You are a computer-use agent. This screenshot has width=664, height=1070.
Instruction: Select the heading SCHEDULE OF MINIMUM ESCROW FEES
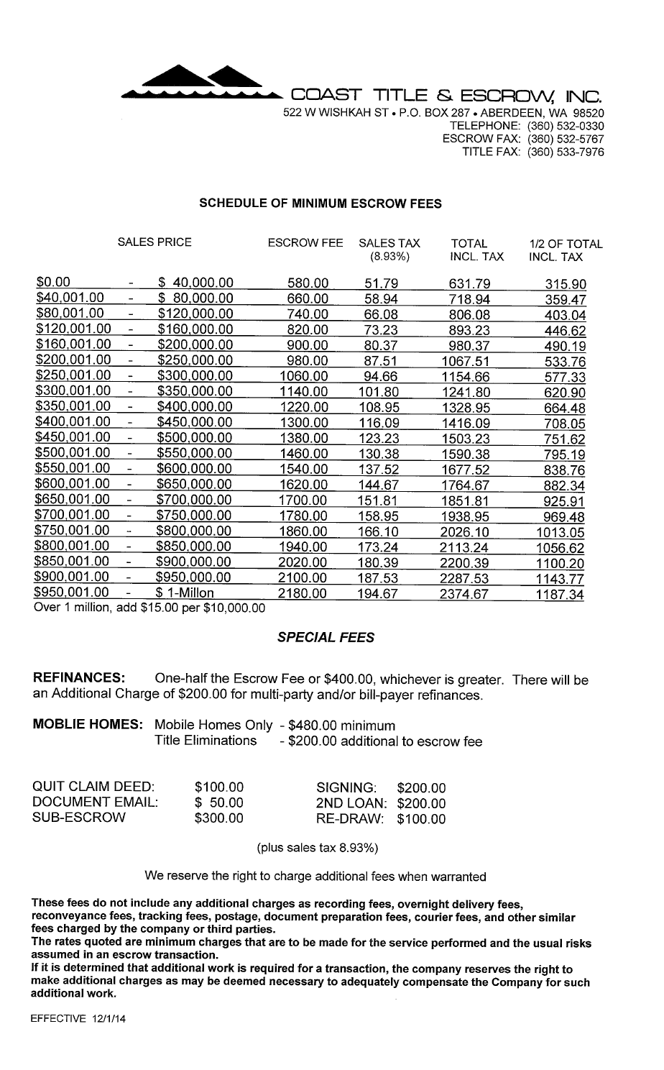[x=320, y=204]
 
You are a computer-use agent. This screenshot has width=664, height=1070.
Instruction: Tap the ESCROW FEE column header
[x=305, y=243]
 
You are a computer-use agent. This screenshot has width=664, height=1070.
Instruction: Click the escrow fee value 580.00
[x=308, y=282]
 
